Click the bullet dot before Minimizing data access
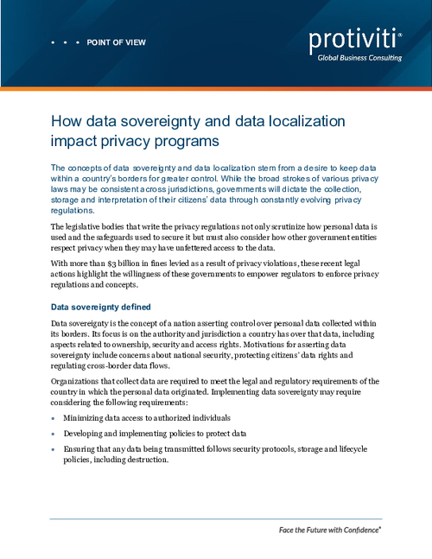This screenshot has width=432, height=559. pyautogui.click(x=54, y=417)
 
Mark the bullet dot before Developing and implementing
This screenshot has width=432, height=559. pyautogui.click(x=54, y=434)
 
